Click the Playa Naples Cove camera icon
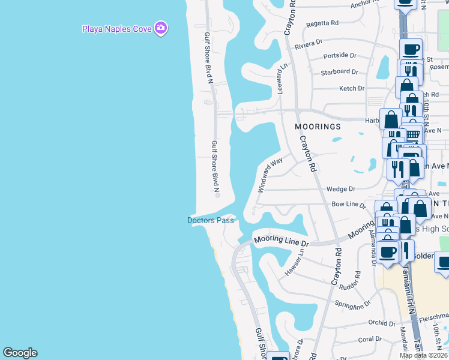point(160,28)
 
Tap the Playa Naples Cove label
point(117,28)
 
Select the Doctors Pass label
point(210,220)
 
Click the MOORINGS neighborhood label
point(318,127)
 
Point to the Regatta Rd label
point(322,23)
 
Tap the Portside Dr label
point(340,55)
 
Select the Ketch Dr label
point(352,88)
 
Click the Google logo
point(20,353)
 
